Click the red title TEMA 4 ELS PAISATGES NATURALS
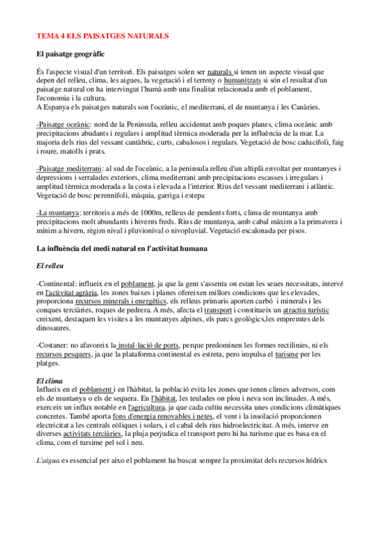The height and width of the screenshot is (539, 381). point(102,37)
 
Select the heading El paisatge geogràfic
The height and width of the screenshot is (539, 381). point(71,55)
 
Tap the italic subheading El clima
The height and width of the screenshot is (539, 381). point(50,380)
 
